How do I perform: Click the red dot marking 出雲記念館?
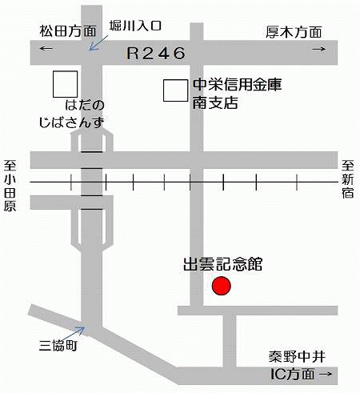221,286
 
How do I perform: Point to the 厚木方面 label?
293,31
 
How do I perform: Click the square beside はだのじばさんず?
66,83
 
